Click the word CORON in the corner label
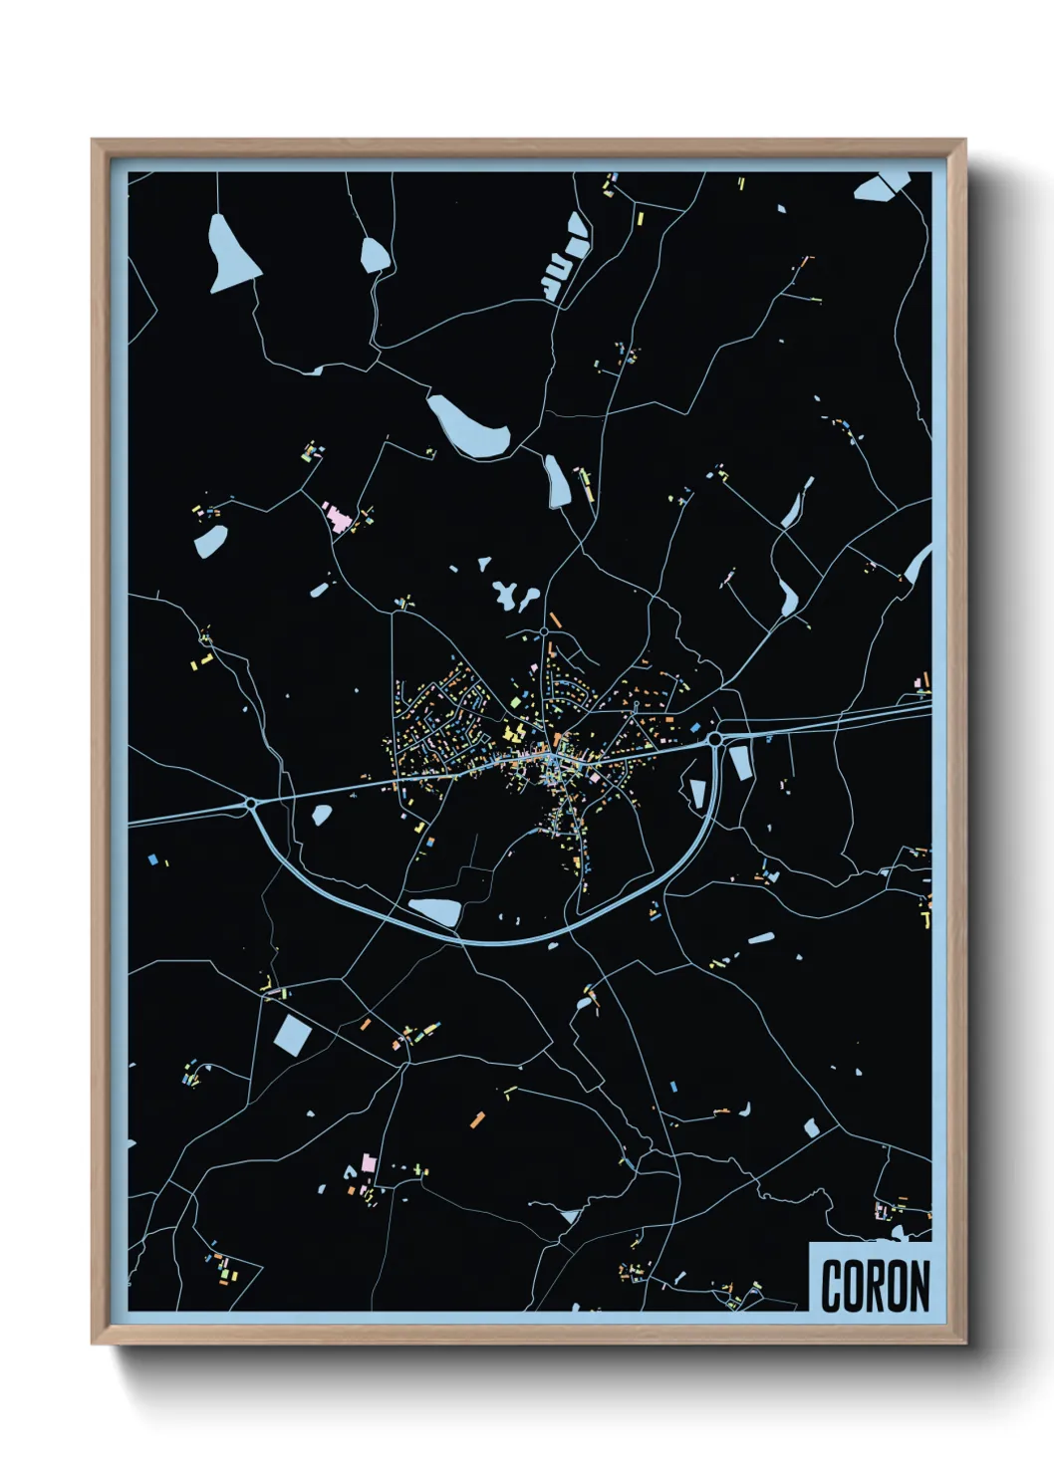pos(875,1286)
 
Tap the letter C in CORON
pos(833,1286)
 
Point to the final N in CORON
pos(918,1286)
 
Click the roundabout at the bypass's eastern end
pos(714,739)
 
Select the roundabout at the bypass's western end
pos(251,803)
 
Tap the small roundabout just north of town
pos(545,632)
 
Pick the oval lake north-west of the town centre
pos(468,425)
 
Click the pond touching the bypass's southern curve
pos(436,911)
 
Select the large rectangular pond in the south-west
pos(293,1034)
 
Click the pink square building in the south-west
pos(369,1162)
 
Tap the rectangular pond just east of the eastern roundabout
pos(739,762)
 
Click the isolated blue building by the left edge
pos(152,858)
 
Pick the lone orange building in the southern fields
pos(477,1119)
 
